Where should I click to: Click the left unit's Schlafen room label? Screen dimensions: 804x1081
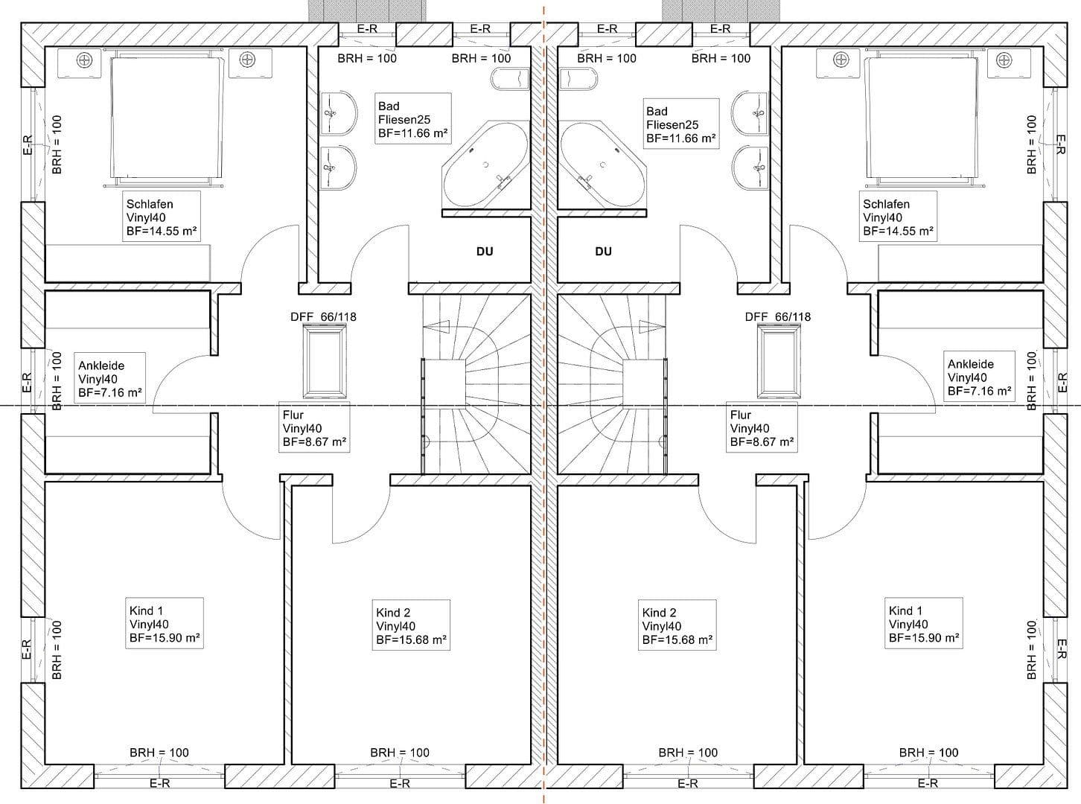[x=161, y=217]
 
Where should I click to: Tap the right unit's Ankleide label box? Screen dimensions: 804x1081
[x=978, y=377]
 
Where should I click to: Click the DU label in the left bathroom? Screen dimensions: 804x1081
[x=485, y=252]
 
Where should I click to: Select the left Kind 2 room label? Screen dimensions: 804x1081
[x=411, y=626]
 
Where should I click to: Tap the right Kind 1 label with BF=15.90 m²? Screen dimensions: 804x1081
[x=923, y=624]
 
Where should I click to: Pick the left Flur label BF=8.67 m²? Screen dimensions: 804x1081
[x=314, y=428]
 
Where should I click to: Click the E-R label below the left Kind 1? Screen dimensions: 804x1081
[x=160, y=783]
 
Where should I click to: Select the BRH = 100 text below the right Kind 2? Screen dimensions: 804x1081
[x=688, y=753]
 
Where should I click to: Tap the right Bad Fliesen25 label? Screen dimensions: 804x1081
[x=680, y=124]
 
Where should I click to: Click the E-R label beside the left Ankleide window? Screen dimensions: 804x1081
[x=27, y=383]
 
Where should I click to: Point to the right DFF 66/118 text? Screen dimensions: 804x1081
[x=778, y=316]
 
